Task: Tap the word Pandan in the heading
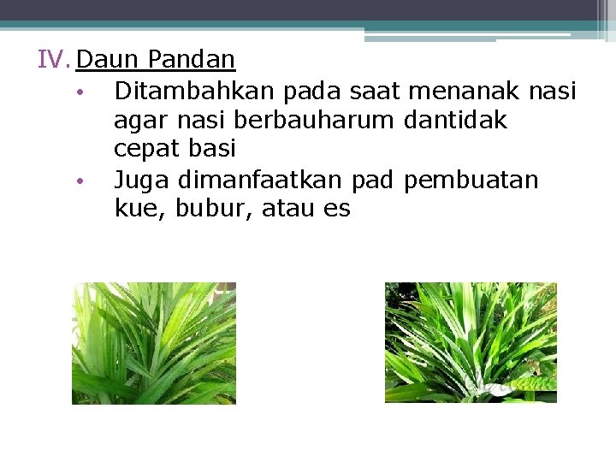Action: click(191, 60)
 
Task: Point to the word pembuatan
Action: click(471, 180)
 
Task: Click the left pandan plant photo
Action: click(154, 343)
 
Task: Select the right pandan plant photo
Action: click(471, 342)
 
